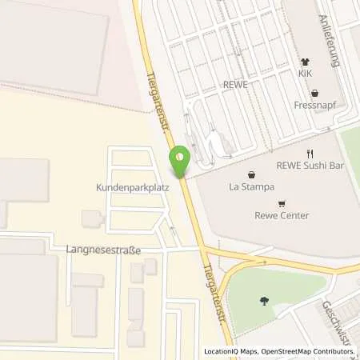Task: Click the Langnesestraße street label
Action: (x=104, y=250)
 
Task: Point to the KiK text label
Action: (x=305, y=73)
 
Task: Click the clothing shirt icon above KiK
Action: (x=305, y=61)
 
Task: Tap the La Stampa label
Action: (x=252, y=187)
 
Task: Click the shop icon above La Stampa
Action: (x=252, y=174)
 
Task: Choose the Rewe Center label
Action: (x=282, y=215)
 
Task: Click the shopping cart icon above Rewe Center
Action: (x=282, y=203)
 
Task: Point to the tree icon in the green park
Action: (x=264, y=301)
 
